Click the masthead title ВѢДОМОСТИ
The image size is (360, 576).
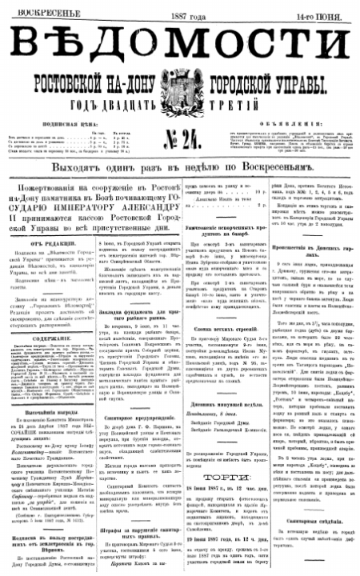click(x=179, y=45)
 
